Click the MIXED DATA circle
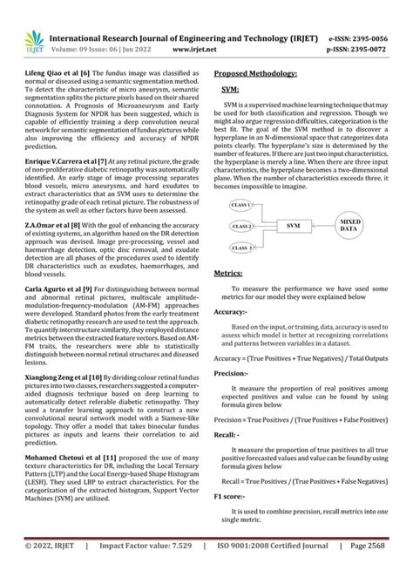(349, 226)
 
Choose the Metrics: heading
(228, 274)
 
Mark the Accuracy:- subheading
(233, 311)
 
